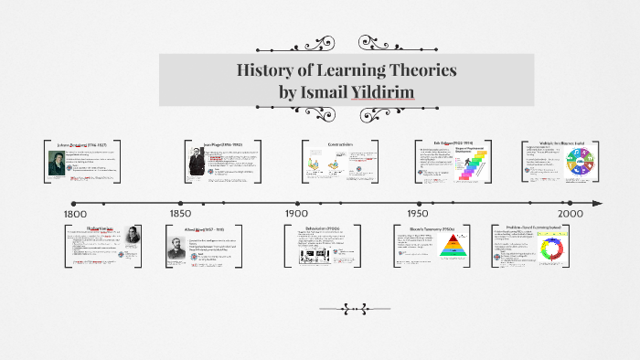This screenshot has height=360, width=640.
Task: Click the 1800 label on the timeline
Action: tap(75, 212)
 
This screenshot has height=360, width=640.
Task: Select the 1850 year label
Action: tap(181, 212)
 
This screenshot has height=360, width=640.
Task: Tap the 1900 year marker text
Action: tap(297, 212)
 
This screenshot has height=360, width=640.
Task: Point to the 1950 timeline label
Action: tap(420, 212)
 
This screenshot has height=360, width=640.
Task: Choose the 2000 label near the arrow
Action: tap(571, 212)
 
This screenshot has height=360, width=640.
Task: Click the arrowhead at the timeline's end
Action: tap(598, 203)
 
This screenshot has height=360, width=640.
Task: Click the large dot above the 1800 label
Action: tap(73, 203)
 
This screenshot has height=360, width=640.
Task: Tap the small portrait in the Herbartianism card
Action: tap(133, 236)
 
